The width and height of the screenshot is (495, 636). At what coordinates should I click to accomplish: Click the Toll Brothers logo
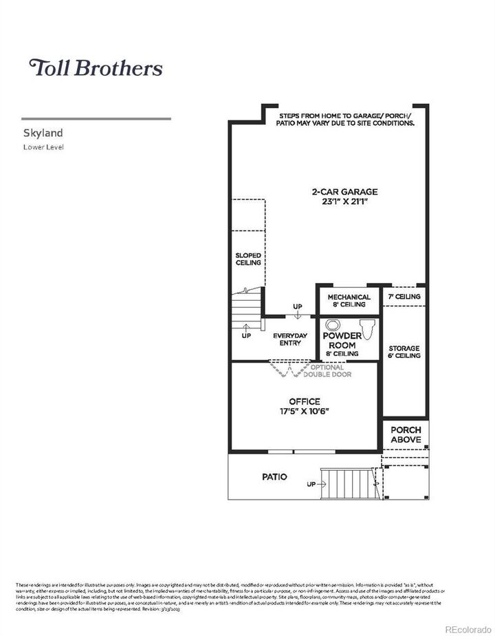pos(96,67)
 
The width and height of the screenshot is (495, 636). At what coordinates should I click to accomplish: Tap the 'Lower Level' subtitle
pos(43,147)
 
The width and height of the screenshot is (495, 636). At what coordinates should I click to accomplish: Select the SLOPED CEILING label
pos(248,259)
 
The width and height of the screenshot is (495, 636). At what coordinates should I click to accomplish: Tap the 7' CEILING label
pos(404,297)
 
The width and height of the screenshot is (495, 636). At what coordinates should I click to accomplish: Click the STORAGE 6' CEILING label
pos(404,352)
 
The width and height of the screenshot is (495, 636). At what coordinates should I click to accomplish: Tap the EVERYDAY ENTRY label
pos(290,339)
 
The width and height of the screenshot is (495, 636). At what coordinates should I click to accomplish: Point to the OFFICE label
pos(304,401)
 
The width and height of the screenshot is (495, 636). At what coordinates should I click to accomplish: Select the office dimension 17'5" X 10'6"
pos(304,412)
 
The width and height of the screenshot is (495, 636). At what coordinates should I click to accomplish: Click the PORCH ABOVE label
pos(406,434)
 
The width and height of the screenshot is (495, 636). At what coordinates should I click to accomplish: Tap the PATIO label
pos(274,476)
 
